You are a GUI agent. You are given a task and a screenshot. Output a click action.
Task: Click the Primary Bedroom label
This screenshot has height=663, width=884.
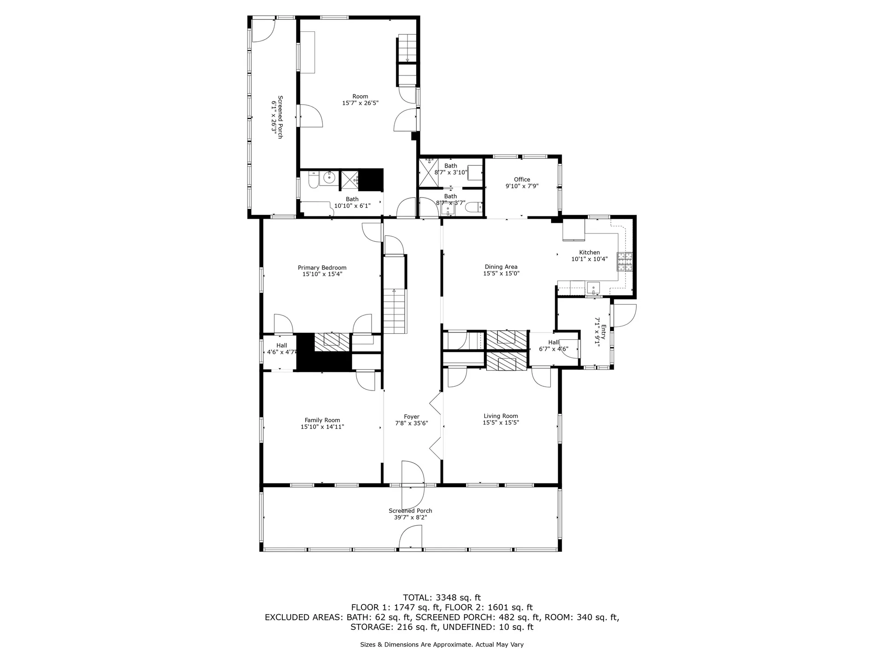pos(322,268)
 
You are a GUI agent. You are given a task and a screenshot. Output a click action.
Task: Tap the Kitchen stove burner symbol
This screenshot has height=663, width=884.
pos(624,262)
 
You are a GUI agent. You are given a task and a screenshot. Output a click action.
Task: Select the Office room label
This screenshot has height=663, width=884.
pos(522,180)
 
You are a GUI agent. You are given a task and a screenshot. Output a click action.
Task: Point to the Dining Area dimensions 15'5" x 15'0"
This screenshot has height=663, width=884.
pos(501,273)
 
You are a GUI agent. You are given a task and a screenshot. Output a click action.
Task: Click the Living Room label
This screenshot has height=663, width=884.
pos(500,416)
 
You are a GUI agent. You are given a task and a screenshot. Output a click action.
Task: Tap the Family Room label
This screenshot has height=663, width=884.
pos(322,420)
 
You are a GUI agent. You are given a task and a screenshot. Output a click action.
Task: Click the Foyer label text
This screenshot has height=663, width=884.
pos(412,417)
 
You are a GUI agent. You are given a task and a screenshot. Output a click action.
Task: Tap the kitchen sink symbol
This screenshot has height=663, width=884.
pos(593,288)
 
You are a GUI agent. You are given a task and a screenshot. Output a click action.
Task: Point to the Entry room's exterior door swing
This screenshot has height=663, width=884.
pos(624,316)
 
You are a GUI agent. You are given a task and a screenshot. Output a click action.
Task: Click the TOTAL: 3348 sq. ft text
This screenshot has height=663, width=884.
pos(442,598)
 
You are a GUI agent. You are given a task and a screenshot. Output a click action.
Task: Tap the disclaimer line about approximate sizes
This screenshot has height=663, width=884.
pos(442,645)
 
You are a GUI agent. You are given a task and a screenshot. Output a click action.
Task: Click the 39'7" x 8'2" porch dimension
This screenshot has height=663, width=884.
pos(410,518)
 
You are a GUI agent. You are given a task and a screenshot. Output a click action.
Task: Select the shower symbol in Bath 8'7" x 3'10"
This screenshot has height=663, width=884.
pos(428,173)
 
